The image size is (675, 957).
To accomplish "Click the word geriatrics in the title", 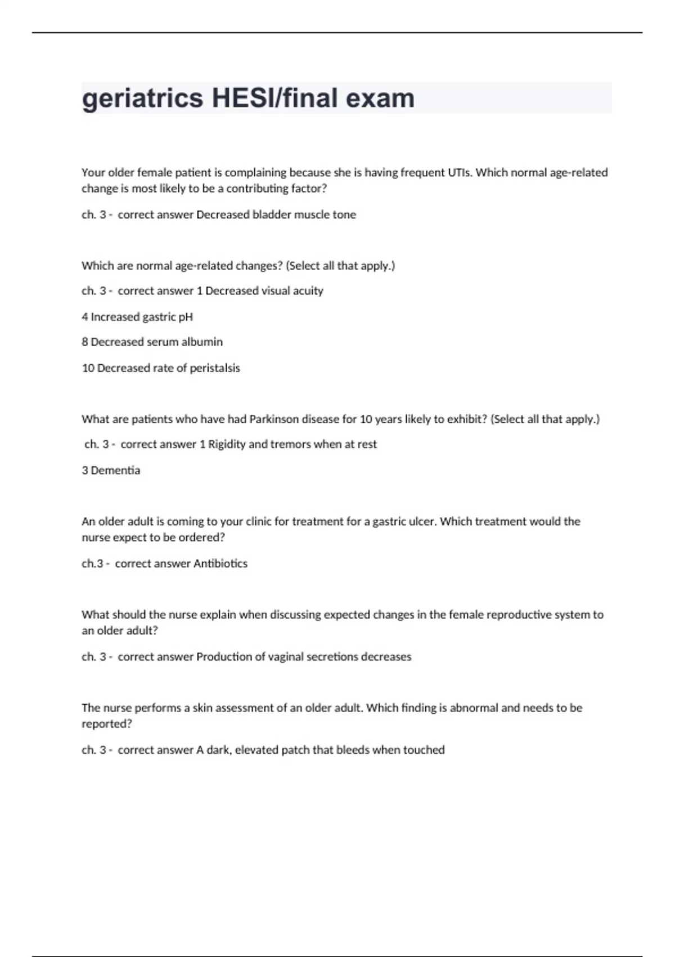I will (x=142, y=99).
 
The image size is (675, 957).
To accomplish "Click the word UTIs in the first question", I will (x=460, y=173).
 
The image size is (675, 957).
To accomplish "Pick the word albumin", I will (x=202, y=342).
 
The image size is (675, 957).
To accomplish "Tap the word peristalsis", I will (x=215, y=368).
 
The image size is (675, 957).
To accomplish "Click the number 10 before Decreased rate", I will (x=88, y=368).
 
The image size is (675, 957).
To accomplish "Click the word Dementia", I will (x=115, y=471).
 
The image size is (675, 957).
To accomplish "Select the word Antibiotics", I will (x=220, y=564).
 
